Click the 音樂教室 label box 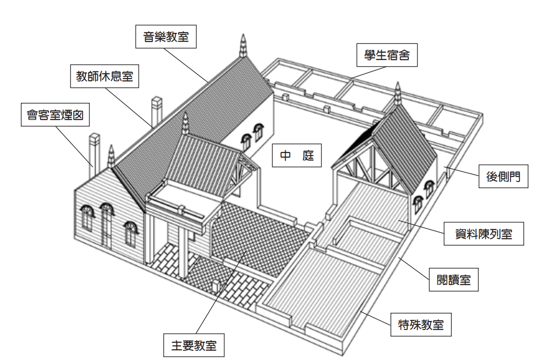[x=166, y=37]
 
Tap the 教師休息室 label [x=105, y=76]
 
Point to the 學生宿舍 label [x=387, y=55]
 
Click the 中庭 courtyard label [x=296, y=156]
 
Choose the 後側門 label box [x=503, y=177]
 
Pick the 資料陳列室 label [x=484, y=234]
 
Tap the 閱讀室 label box [x=454, y=279]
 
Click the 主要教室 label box [x=194, y=345]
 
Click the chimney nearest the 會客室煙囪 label [x=93, y=150]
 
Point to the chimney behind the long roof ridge [x=157, y=111]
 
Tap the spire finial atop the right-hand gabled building [x=398, y=94]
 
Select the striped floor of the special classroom [x=319, y=290]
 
